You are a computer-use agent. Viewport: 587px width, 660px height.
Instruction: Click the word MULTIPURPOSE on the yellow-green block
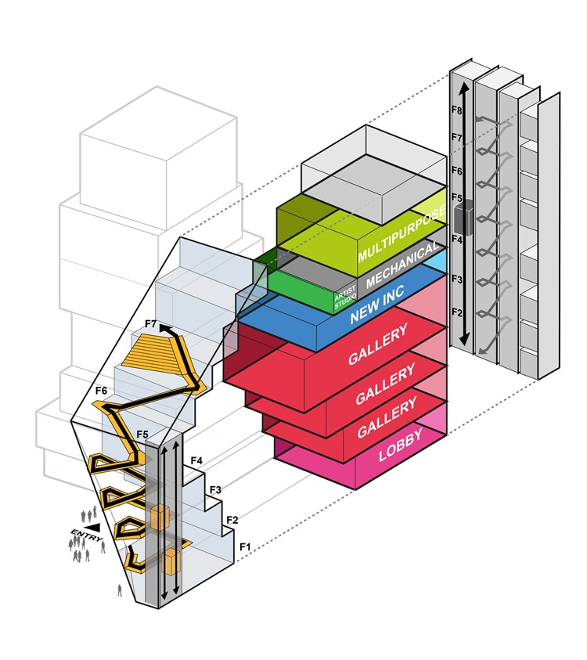pyautogui.click(x=402, y=234)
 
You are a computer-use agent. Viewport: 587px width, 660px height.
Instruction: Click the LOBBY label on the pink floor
pyautogui.click(x=400, y=453)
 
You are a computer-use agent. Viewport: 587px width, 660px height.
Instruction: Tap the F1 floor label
pyautogui.click(x=245, y=546)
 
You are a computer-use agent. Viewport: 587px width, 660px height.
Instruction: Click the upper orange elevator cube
pyautogui.click(x=160, y=517)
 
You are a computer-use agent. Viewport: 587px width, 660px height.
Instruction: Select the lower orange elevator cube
pyautogui.click(x=171, y=561)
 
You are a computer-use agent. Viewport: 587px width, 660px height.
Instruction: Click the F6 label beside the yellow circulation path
pyautogui.click(x=101, y=390)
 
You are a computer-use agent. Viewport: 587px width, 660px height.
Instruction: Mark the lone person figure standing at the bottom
pyautogui.click(x=120, y=590)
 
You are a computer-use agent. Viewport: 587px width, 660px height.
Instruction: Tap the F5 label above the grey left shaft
pyautogui.click(x=142, y=434)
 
